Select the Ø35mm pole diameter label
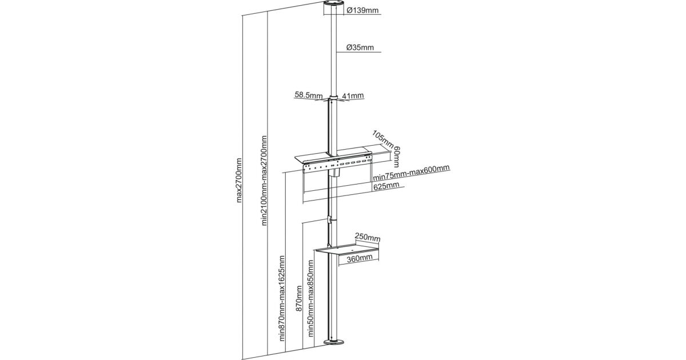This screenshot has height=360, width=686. coord(361,48)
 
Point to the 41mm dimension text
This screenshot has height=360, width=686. coord(354,96)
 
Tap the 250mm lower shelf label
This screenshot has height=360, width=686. coord(367,237)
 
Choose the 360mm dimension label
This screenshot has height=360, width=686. coord(359,258)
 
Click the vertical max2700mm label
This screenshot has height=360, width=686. coord(239,180)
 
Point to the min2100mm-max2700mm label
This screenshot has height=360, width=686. coord(264,180)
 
